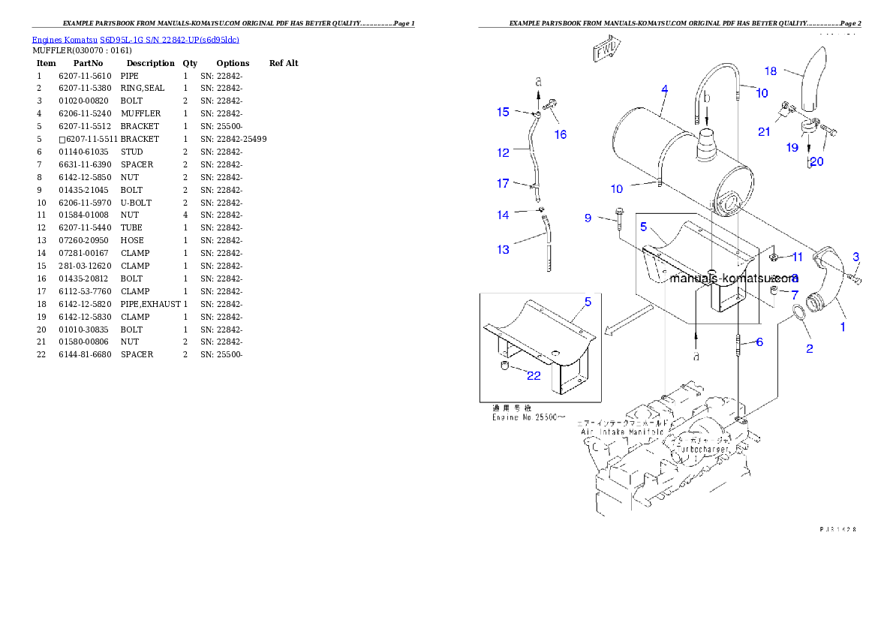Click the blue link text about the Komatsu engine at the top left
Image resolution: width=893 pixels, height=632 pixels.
pos(135,40)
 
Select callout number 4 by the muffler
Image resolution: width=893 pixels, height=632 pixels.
pos(664,90)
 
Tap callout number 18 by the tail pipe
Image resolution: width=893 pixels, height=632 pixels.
pos(771,71)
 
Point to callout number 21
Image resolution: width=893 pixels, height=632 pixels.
pos(764,132)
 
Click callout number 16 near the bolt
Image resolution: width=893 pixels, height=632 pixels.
pos(561,135)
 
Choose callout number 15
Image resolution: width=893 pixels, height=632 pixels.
pos(503,112)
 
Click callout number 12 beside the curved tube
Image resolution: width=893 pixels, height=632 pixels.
pos(503,152)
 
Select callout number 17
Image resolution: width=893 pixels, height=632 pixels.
pos(503,183)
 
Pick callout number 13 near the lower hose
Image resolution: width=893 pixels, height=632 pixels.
pos(503,250)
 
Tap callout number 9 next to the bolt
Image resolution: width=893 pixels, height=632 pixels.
pos(588,218)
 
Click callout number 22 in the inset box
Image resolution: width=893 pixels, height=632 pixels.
pos(533,376)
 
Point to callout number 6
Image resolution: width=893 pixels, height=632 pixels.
pos(759,342)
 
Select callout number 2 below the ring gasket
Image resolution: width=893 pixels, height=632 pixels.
pos(809,348)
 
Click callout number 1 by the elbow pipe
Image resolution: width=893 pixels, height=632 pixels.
pos(843,327)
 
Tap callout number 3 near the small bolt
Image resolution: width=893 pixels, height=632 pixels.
pos(855,257)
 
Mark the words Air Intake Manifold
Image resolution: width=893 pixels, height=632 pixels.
pos(622,432)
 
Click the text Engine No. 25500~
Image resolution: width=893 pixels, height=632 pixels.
pos(529,416)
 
